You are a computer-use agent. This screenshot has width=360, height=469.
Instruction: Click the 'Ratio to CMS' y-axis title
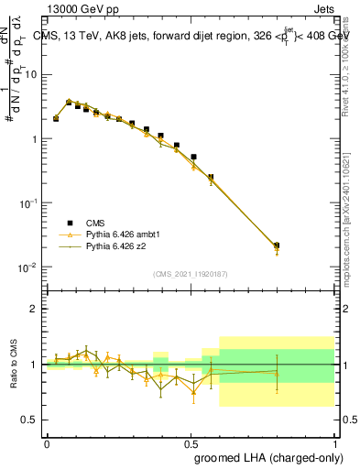14,364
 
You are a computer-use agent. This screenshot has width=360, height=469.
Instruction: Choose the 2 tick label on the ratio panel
34,309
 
